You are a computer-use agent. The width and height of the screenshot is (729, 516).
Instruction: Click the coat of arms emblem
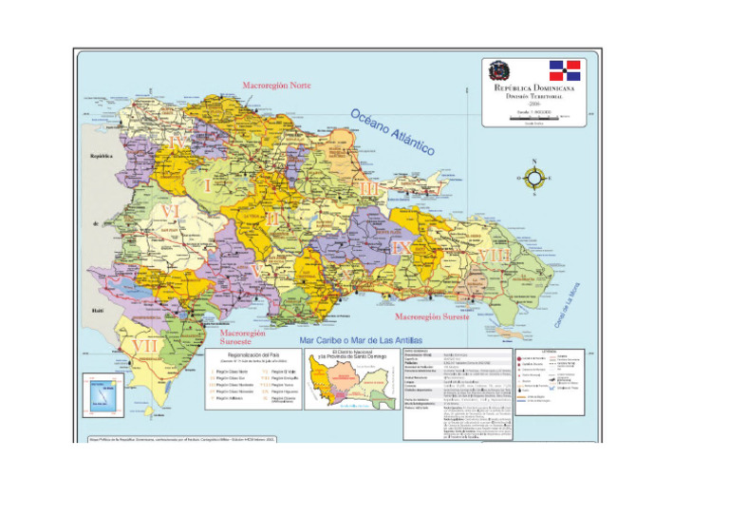click(498, 71)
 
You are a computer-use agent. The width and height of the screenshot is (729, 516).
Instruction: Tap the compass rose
click(533, 178)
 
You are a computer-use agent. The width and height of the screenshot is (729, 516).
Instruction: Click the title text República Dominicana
click(534, 87)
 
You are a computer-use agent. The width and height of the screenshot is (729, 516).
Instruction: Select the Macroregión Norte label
click(277, 86)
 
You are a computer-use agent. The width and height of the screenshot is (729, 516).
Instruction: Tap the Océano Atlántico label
click(392, 132)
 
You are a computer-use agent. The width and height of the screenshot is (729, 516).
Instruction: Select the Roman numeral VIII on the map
click(494, 257)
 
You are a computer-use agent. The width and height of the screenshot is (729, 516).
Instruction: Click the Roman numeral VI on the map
click(171, 210)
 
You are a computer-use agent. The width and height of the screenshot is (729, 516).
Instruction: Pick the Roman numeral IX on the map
click(402, 247)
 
